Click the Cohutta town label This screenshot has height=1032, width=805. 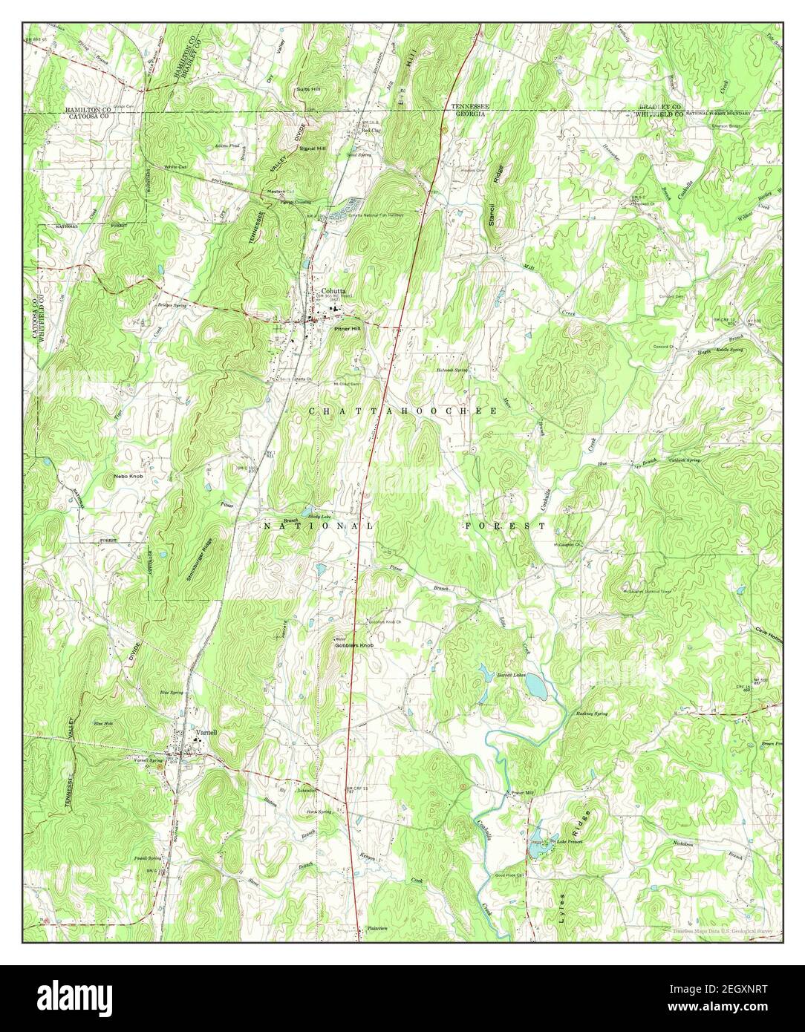point(333,291)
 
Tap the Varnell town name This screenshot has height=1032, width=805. point(206,731)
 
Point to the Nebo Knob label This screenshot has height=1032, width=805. point(128,475)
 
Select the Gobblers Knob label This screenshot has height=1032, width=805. point(353,646)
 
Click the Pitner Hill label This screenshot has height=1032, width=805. point(347,327)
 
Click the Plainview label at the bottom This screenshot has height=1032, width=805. point(378,929)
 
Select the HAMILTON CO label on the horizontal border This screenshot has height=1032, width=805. point(87,109)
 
